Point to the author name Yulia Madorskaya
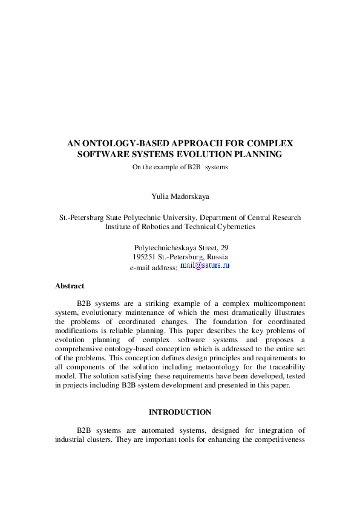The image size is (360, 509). [180, 196]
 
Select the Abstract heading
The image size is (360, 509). [70, 286]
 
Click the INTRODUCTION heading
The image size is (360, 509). [180, 412]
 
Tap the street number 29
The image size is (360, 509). [224, 248]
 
